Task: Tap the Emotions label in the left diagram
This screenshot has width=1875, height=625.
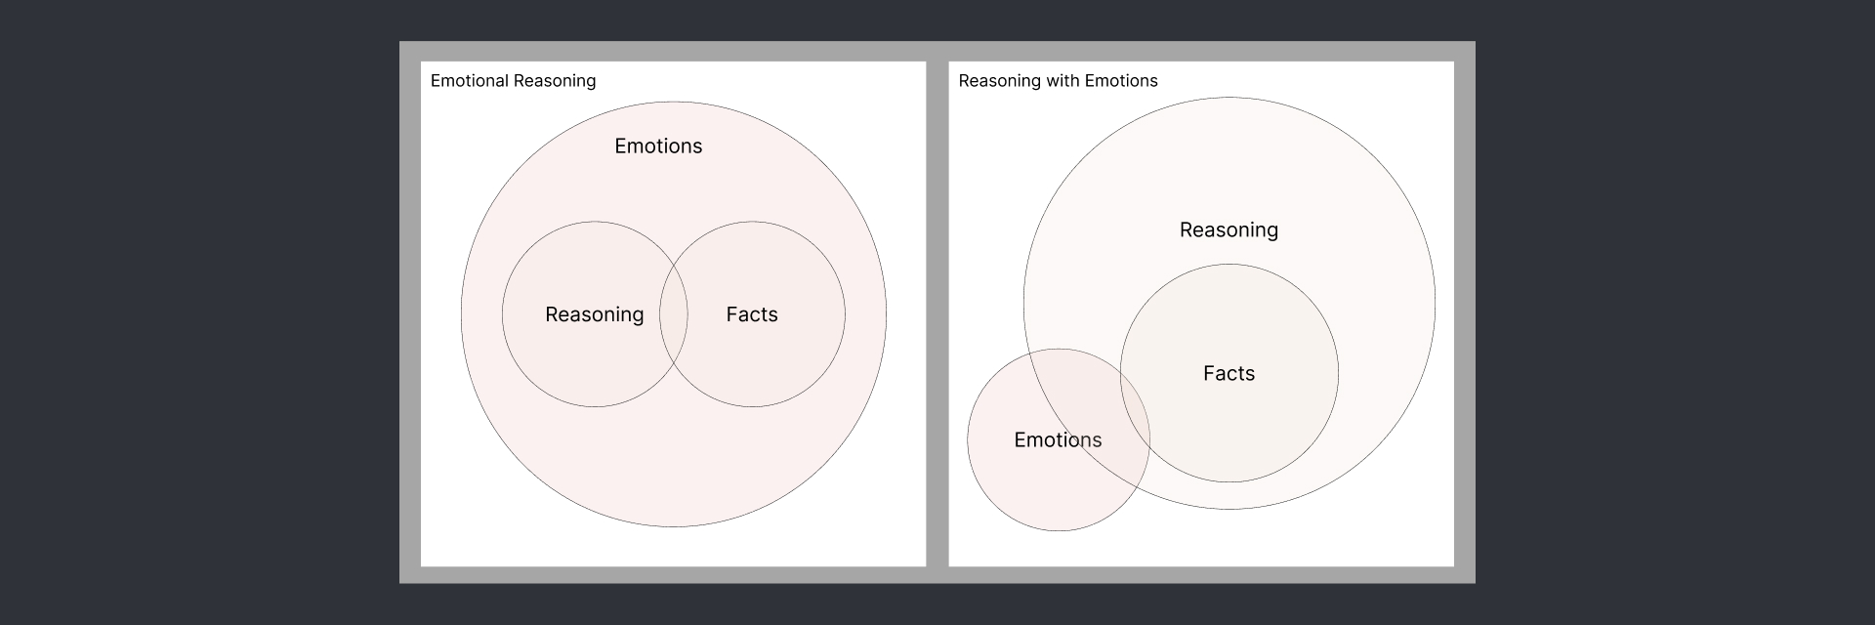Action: [658, 146]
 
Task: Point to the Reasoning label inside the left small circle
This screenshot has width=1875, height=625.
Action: [594, 314]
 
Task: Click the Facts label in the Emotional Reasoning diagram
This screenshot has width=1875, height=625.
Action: [752, 314]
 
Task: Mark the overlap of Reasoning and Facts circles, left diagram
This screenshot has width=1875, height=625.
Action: [674, 314]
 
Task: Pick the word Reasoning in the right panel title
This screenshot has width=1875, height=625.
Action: [999, 81]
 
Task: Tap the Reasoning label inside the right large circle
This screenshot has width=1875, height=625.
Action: [1229, 230]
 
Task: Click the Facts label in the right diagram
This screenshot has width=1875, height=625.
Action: [1229, 374]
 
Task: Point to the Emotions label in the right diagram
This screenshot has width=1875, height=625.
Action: [1058, 440]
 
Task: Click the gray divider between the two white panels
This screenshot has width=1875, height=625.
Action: [937, 312]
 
